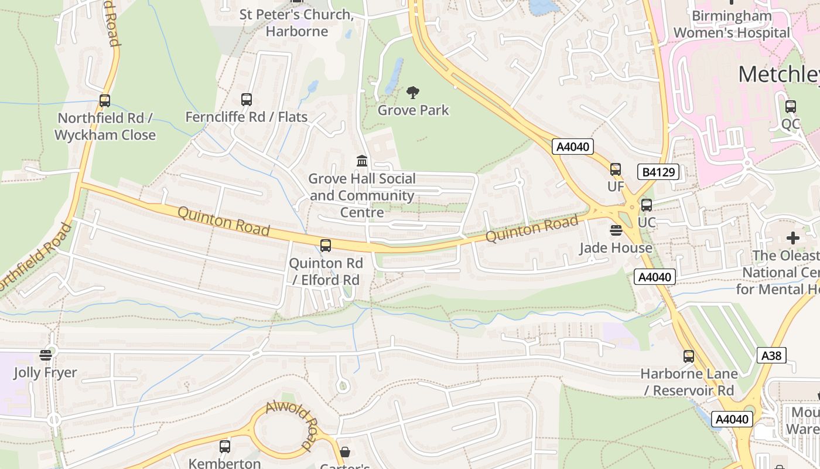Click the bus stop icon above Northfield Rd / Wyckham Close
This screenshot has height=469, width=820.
(105, 101)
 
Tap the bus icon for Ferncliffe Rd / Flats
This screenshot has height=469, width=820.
(247, 100)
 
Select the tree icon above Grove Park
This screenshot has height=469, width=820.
(413, 93)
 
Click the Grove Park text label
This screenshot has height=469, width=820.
(413, 110)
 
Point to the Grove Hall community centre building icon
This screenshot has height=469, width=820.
(362, 161)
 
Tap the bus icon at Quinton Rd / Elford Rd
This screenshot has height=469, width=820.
(326, 246)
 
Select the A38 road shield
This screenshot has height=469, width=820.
(771, 355)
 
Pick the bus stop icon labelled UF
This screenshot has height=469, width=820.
(616, 169)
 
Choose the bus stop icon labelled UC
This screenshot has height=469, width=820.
(647, 205)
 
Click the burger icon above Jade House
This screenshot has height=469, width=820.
(616, 230)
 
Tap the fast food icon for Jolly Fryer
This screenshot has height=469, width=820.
(46, 355)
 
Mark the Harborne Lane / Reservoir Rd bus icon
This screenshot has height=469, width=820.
(689, 356)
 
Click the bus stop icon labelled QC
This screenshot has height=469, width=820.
(791, 107)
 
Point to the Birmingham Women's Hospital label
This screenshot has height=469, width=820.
(732, 24)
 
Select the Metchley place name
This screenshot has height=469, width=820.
(778, 74)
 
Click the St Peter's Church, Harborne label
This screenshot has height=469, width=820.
(297, 22)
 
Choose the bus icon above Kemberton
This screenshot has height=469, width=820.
(225, 447)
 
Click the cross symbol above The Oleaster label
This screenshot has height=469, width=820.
(793, 238)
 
